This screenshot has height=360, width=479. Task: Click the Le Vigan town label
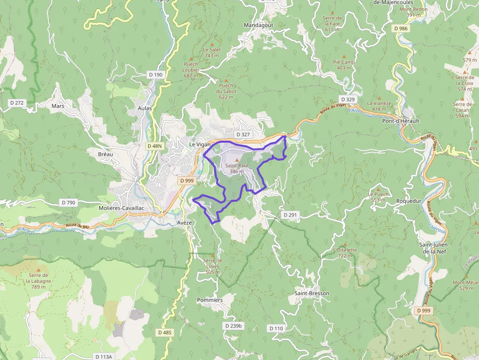(199, 145)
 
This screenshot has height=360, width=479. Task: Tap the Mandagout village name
(259, 25)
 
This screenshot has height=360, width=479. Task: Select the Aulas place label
(145, 108)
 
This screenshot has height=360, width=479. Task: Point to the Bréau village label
(105, 154)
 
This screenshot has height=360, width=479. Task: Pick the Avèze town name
(184, 222)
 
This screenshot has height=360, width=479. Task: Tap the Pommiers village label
(210, 300)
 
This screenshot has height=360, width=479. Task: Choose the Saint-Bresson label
(312, 293)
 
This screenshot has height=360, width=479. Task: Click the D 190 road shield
(155, 74)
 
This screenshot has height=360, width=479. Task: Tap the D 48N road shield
(154, 146)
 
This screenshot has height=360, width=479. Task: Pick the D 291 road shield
(290, 215)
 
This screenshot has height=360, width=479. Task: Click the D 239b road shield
(234, 325)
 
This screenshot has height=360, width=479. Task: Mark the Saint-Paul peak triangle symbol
(237, 160)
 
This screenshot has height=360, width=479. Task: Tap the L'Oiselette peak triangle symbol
(345, 244)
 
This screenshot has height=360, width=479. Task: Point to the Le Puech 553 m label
(378, 197)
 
